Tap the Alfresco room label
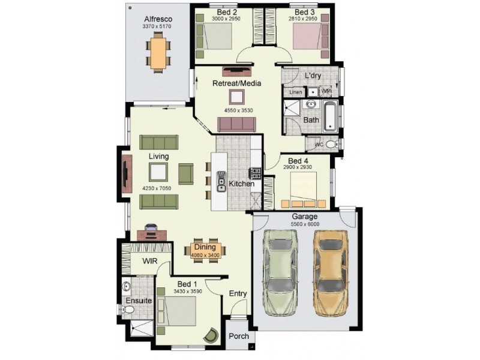tap(157, 19)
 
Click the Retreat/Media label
tap(236, 83)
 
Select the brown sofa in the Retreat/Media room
tap(236, 124)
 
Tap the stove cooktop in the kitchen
tap(256, 173)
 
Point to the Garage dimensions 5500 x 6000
tap(305, 224)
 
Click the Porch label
tap(239, 336)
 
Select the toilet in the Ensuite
tap(127, 310)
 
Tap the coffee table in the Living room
tap(158, 172)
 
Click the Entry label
tap(238, 293)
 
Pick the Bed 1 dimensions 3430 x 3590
tap(187, 291)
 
